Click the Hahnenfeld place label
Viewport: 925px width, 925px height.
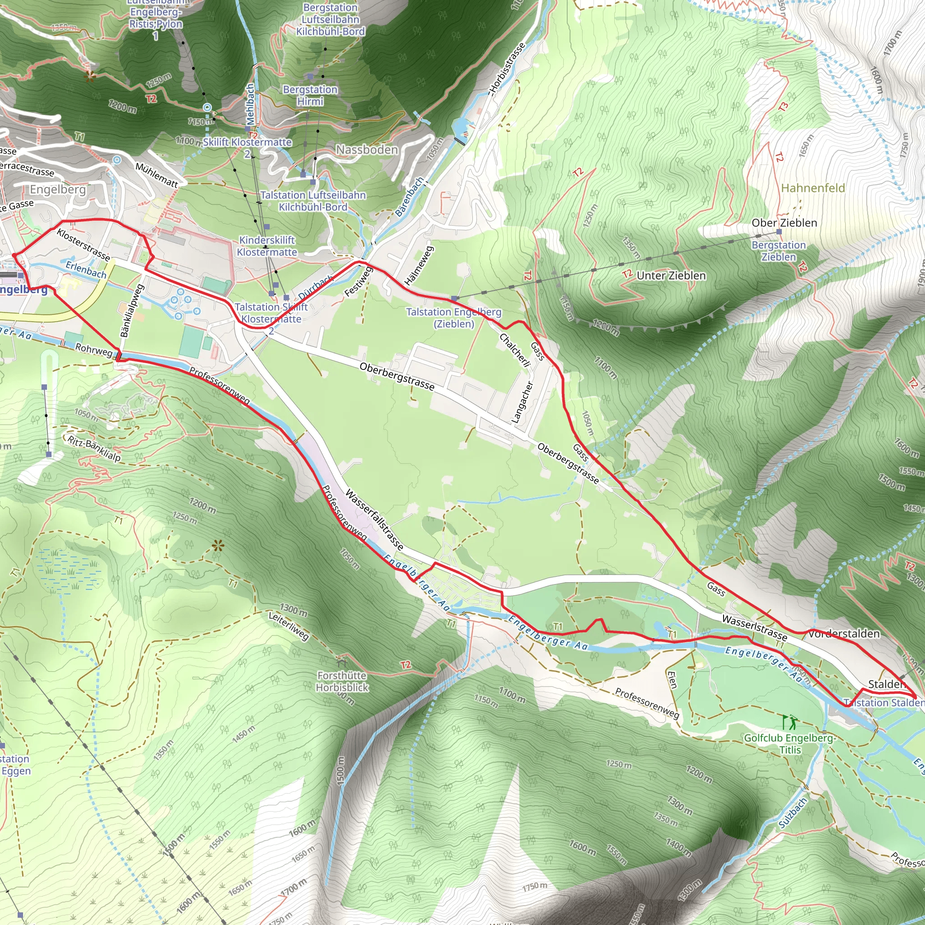click(813, 188)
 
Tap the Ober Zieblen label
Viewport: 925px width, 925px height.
click(784, 223)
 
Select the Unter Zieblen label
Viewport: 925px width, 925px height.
click(671, 276)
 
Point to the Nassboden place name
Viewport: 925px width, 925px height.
click(367, 150)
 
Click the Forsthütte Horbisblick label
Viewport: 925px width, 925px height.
click(342, 681)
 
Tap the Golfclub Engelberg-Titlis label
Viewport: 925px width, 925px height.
click(790, 743)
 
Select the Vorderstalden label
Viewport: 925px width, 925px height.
click(844, 633)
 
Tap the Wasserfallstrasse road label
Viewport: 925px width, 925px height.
click(374, 519)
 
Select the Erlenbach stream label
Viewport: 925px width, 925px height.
click(86, 270)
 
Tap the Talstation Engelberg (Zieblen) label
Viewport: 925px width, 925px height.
click(453, 318)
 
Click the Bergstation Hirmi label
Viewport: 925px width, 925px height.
click(310, 95)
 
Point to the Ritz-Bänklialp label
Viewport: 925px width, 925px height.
click(94, 448)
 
